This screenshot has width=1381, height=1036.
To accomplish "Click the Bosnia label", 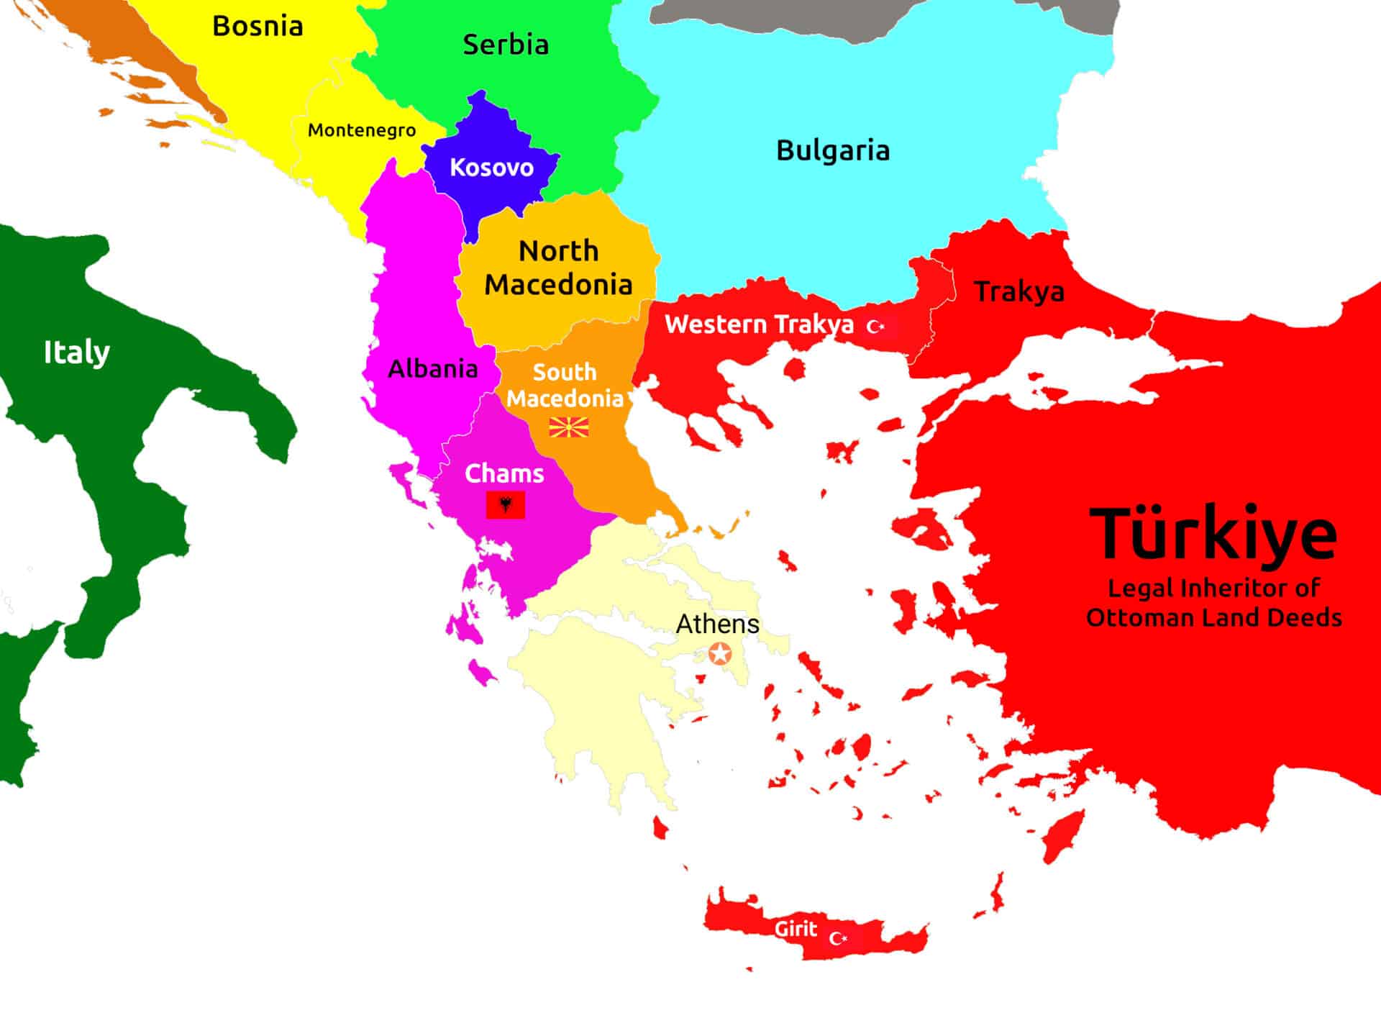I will point(257,27).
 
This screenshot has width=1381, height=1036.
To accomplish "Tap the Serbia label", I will point(506,45).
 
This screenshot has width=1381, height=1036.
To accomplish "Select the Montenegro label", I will point(362,130).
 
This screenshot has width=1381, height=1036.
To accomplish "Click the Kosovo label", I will point(492,168).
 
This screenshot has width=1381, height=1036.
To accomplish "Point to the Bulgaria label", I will point(833,150).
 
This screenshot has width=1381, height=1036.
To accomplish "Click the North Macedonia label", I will point(558,268).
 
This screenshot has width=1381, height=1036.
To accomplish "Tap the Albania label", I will point(433,369).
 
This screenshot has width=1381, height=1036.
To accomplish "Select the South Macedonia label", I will point(565,385).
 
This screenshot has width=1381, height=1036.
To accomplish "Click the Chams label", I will point(504,473).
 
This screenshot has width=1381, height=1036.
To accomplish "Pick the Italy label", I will point(77,353).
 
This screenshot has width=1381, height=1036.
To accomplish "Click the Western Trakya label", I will point(759,324).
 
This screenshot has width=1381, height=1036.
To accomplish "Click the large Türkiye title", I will point(1213,534).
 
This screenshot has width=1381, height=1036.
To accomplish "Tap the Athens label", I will point(717,624).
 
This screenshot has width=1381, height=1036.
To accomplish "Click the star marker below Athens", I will point(720,654).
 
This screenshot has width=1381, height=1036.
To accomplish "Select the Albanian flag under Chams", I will point(506,505).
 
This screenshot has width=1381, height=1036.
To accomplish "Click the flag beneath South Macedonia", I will point(569,428).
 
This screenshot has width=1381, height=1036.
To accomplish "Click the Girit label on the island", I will point(796,929).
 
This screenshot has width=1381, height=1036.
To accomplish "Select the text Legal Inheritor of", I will point(1213,588).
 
